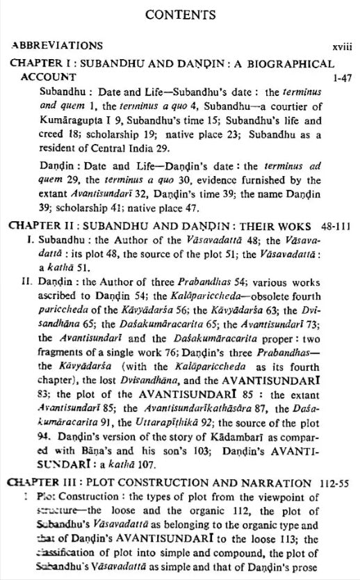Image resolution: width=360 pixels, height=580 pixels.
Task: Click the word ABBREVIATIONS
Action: [x=57, y=45]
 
